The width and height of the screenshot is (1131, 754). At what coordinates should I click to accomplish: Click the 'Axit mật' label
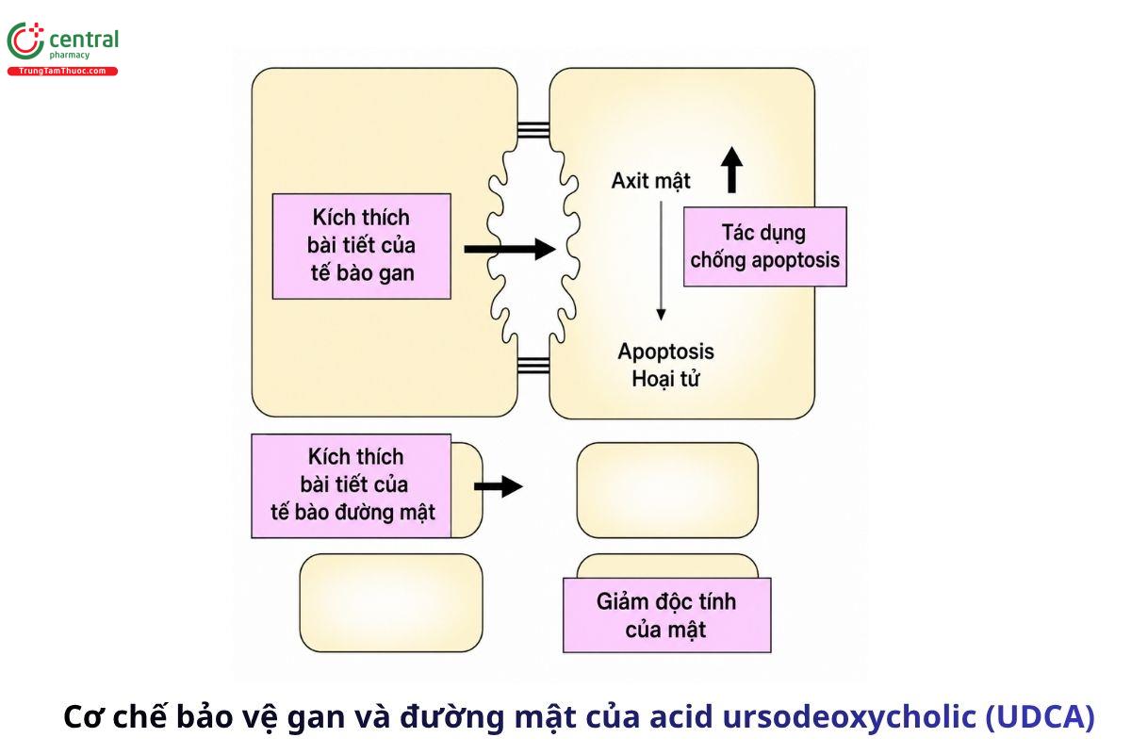point(650,181)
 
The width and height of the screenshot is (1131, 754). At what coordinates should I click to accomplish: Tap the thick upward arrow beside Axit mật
point(731,171)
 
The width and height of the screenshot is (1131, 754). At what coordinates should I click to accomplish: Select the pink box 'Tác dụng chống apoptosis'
point(765,246)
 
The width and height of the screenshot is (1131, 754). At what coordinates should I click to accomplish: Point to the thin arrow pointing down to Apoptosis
point(661,260)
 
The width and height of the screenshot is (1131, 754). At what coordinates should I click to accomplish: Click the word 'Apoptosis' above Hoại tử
point(666,352)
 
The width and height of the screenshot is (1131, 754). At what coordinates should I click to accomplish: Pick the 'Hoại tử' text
point(665,378)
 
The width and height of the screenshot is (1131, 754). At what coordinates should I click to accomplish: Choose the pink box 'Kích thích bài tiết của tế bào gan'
point(362,246)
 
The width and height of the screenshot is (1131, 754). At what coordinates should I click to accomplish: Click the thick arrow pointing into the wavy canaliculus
point(510,249)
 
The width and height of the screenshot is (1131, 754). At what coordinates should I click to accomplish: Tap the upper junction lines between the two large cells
point(533,130)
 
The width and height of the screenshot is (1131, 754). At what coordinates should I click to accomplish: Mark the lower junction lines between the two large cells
point(533,364)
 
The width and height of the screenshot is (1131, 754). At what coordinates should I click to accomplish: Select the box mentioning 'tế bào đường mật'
point(352,485)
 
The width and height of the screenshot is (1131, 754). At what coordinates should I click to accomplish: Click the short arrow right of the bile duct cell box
point(499,486)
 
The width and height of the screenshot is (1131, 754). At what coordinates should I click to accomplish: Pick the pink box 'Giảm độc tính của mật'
point(667,615)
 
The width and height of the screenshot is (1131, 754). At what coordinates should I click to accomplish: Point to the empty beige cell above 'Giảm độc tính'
point(667,490)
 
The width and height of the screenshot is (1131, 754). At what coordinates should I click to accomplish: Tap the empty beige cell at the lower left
point(391,602)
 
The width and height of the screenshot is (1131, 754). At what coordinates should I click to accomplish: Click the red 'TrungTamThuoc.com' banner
point(62,72)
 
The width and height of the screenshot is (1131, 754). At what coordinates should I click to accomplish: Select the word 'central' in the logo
point(84,40)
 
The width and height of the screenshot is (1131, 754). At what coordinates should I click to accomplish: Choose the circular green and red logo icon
point(25,41)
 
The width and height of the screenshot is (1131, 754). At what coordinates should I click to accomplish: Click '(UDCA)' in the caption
point(1040,716)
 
